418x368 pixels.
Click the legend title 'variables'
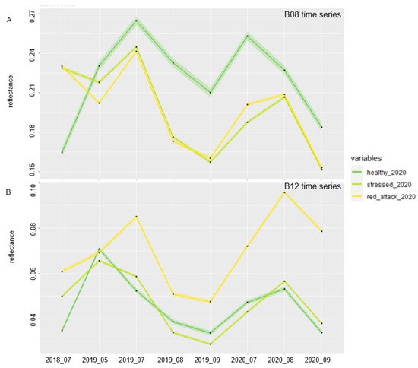[368, 158]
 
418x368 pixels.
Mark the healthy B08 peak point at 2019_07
[136, 21]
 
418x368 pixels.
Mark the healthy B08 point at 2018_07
[62, 152]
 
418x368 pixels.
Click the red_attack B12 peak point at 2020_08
[284, 192]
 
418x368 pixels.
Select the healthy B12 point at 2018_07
[62, 330]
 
